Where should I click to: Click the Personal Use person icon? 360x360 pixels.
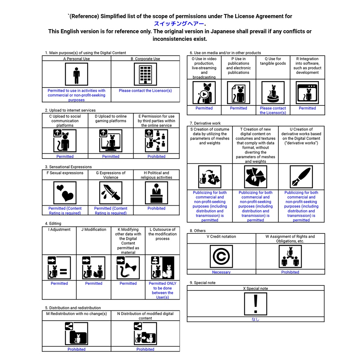(76, 75)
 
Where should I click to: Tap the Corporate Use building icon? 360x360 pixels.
(145, 75)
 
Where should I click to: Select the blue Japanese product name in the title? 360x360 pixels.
(179, 24)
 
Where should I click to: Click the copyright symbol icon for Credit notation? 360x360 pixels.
(221, 257)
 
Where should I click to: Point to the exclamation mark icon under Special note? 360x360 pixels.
(256, 304)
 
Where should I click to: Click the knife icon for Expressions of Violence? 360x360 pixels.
(111, 193)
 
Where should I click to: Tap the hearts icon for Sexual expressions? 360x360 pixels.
(65, 193)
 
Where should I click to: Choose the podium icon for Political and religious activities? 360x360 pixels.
(156, 193)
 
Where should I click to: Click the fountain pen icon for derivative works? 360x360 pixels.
(301, 177)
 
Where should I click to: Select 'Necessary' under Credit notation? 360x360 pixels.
(221, 272)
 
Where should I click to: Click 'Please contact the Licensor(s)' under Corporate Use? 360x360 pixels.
(145, 91)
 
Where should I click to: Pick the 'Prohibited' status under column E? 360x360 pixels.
(156, 156)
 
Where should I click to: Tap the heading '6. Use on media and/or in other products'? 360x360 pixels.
(225, 53)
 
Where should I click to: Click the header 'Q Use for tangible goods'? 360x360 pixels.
(273, 61)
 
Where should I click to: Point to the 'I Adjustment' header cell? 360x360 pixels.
(59, 230)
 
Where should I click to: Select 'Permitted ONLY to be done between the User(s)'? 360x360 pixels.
(162, 290)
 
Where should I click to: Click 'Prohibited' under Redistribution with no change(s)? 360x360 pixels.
(76, 349)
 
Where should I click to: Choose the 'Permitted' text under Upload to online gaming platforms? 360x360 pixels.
(111, 156)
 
